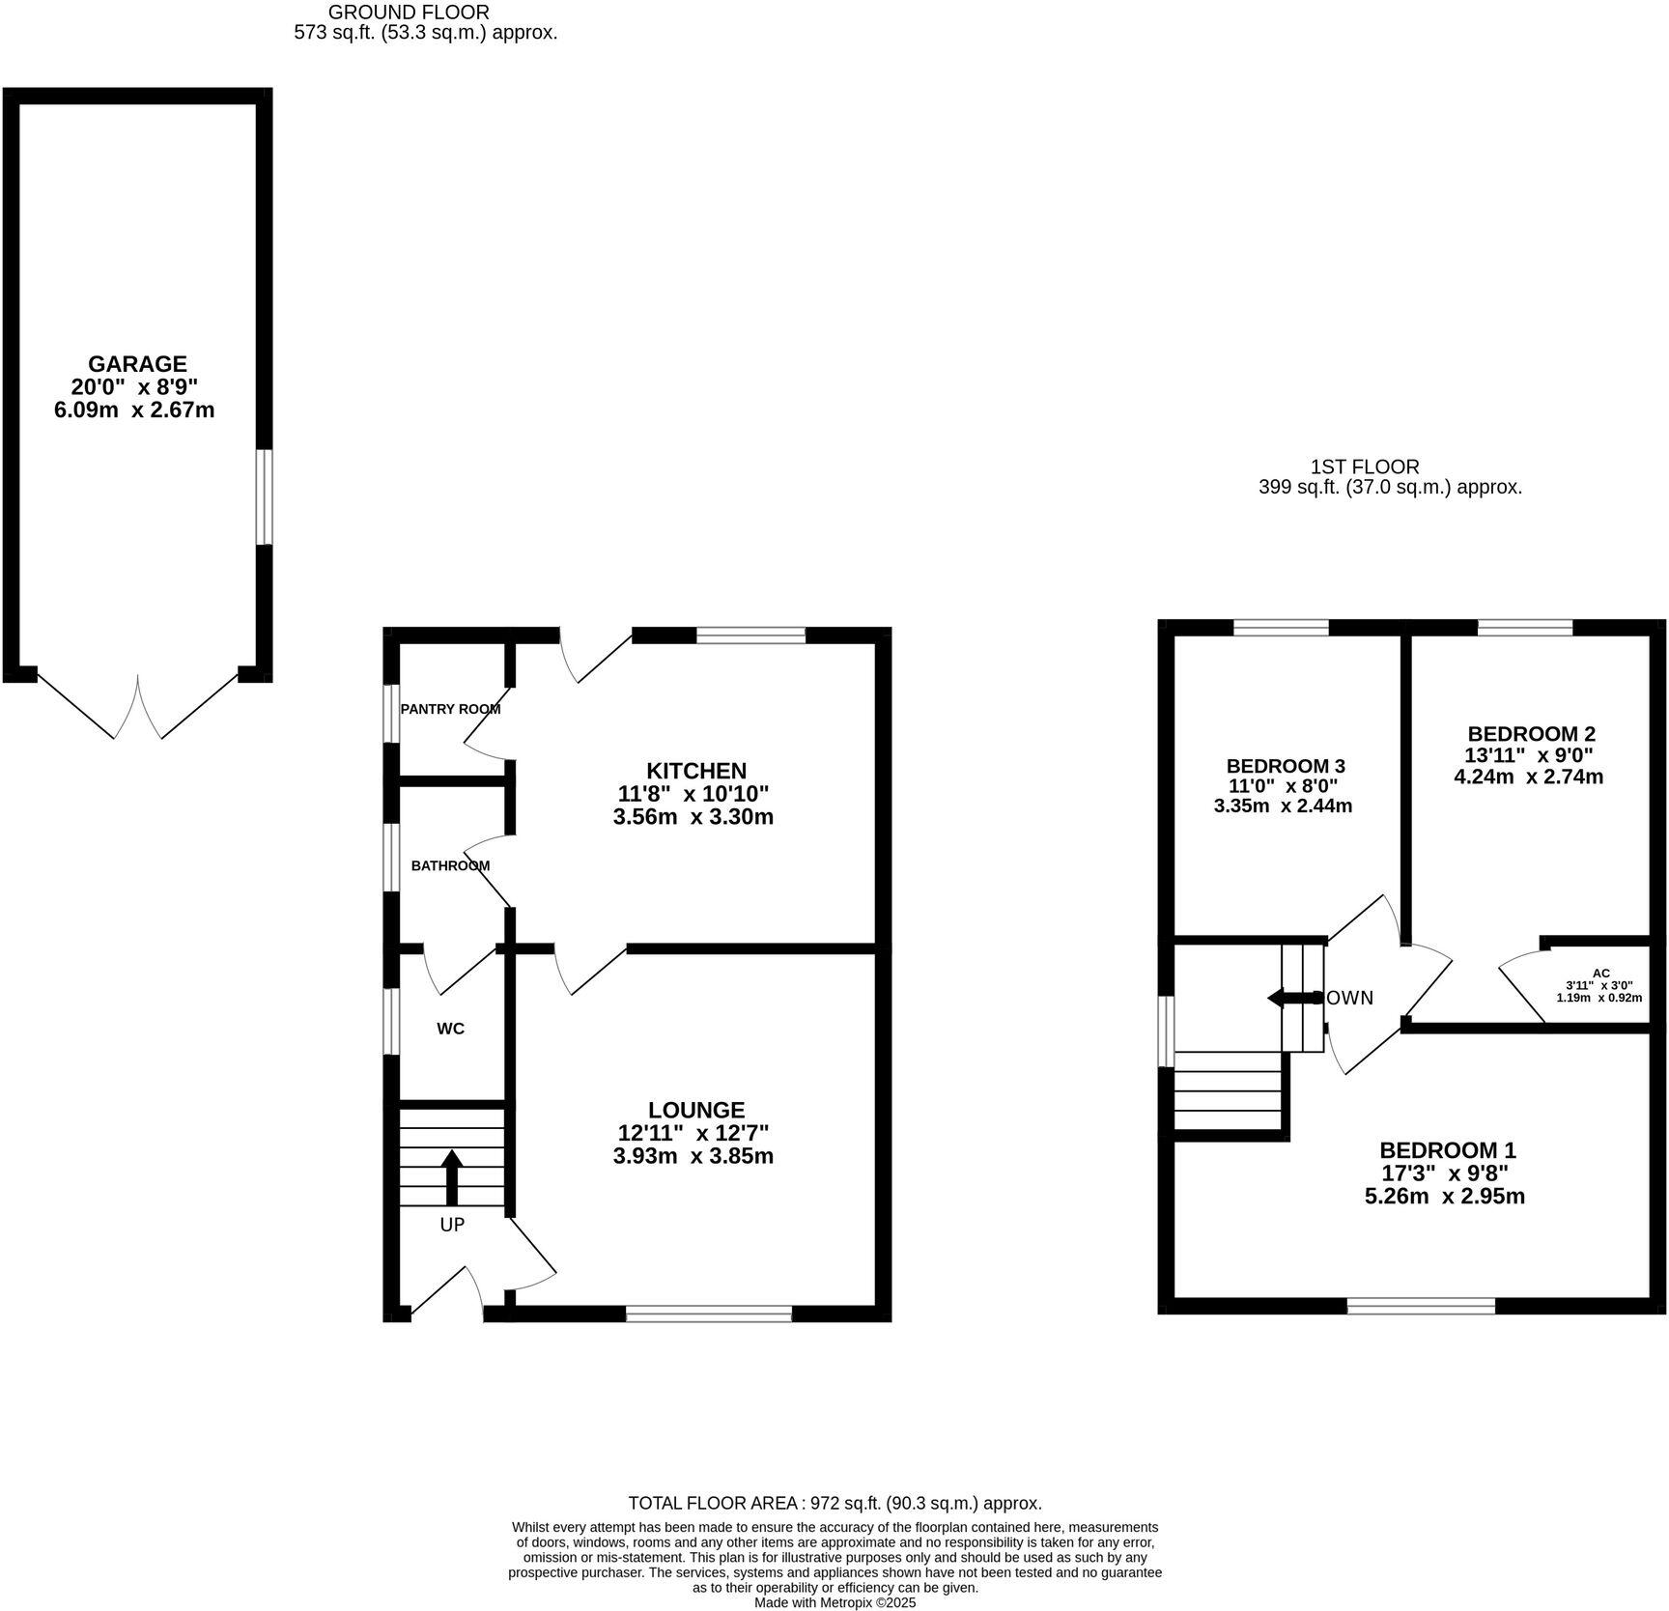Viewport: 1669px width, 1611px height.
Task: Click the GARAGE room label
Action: tap(137, 364)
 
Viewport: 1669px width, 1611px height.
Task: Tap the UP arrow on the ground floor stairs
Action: tap(451, 1176)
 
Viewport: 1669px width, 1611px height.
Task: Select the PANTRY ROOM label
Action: tap(450, 709)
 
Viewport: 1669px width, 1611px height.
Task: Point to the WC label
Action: tap(450, 1029)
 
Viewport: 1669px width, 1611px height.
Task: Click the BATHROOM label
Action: tap(450, 865)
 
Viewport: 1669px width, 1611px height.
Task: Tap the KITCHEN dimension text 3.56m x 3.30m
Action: tap(693, 817)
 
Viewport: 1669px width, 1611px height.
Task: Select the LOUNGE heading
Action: tap(695, 1110)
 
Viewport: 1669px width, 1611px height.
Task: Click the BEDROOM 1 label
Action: tap(1447, 1150)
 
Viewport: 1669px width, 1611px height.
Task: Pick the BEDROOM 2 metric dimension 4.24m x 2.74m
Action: tap(1528, 777)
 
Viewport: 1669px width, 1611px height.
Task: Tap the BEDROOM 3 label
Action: tap(1285, 766)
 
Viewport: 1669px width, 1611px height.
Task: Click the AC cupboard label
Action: tap(1600, 973)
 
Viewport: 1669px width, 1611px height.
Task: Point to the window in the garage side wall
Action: tap(264, 496)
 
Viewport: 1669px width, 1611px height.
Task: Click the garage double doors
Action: tap(138, 708)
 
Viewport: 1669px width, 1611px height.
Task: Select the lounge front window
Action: tap(708, 1314)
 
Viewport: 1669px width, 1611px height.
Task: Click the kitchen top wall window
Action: tap(750, 635)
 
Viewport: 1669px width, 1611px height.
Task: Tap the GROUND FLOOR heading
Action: tap(409, 13)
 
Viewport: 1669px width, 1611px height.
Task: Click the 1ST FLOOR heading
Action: tap(1365, 467)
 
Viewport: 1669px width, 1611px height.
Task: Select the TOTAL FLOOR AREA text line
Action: tap(834, 1503)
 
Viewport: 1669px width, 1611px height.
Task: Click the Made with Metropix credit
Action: tap(834, 1602)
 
